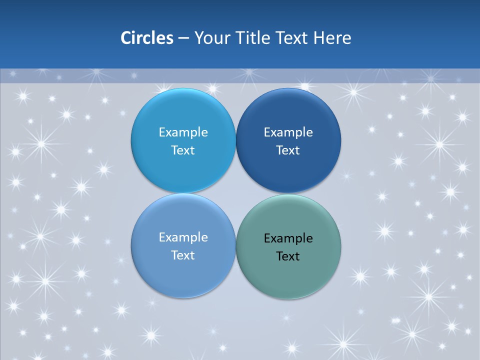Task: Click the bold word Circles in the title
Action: [146, 38]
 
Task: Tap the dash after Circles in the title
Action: [183, 38]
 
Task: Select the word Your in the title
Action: [210, 38]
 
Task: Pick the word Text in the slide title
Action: [292, 38]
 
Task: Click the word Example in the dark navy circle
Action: [288, 132]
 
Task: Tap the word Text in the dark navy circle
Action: [288, 150]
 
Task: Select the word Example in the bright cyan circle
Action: [183, 132]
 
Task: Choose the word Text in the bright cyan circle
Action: [183, 150]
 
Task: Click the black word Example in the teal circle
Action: [288, 238]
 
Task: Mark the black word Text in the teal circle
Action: [288, 256]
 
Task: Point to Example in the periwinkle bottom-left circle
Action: [183, 237]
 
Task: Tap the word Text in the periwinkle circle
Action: [183, 255]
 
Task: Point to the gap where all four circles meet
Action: [235, 193]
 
